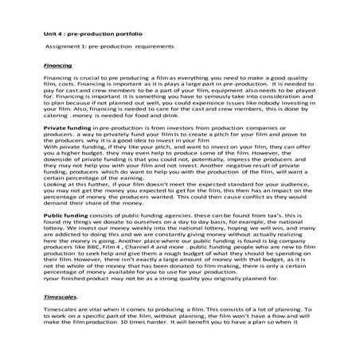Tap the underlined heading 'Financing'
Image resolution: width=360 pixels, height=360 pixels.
pyautogui.click(x=57, y=64)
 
